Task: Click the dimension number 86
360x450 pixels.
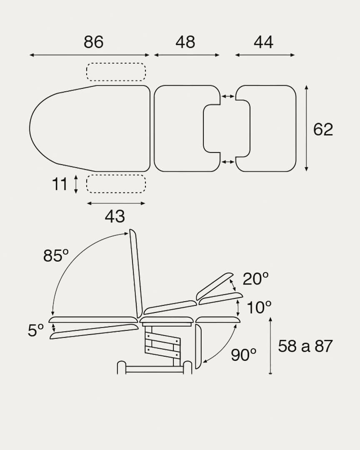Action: pyautogui.click(x=93, y=42)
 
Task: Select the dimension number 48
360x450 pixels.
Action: pyautogui.click(x=185, y=42)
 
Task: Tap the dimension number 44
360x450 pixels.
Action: pyautogui.click(x=264, y=42)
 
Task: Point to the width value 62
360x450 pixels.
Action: pyautogui.click(x=323, y=130)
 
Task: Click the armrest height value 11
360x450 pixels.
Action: pyautogui.click(x=60, y=184)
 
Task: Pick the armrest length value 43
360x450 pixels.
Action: pyautogui.click(x=115, y=216)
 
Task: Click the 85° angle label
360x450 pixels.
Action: pyautogui.click(x=56, y=255)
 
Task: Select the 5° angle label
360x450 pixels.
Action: pyautogui.click(x=36, y=330)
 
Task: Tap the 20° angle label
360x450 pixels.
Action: pyautogui.click(x=255, y=279)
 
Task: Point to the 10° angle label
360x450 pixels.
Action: pyautogui.click(x=259, y=308)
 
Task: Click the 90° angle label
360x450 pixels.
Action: pyautogui.click(x=244, y=355)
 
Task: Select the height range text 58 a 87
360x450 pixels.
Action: pyautogui.click(x=305, y=346)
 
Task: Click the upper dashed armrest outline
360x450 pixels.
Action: pyautogui.click(x=116, y=72)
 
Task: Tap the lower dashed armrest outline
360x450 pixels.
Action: pyautogui.click(x=116, y=184)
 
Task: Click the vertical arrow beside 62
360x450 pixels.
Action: pyautogui.click(x=306, y=128)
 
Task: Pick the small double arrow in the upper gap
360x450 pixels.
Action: pyautogui.click(x=227, y=97)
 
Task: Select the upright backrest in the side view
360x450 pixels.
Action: pyautogui.click(x=136, y=273)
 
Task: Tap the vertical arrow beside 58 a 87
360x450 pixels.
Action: pyautogui.click(x=270, y=346)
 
